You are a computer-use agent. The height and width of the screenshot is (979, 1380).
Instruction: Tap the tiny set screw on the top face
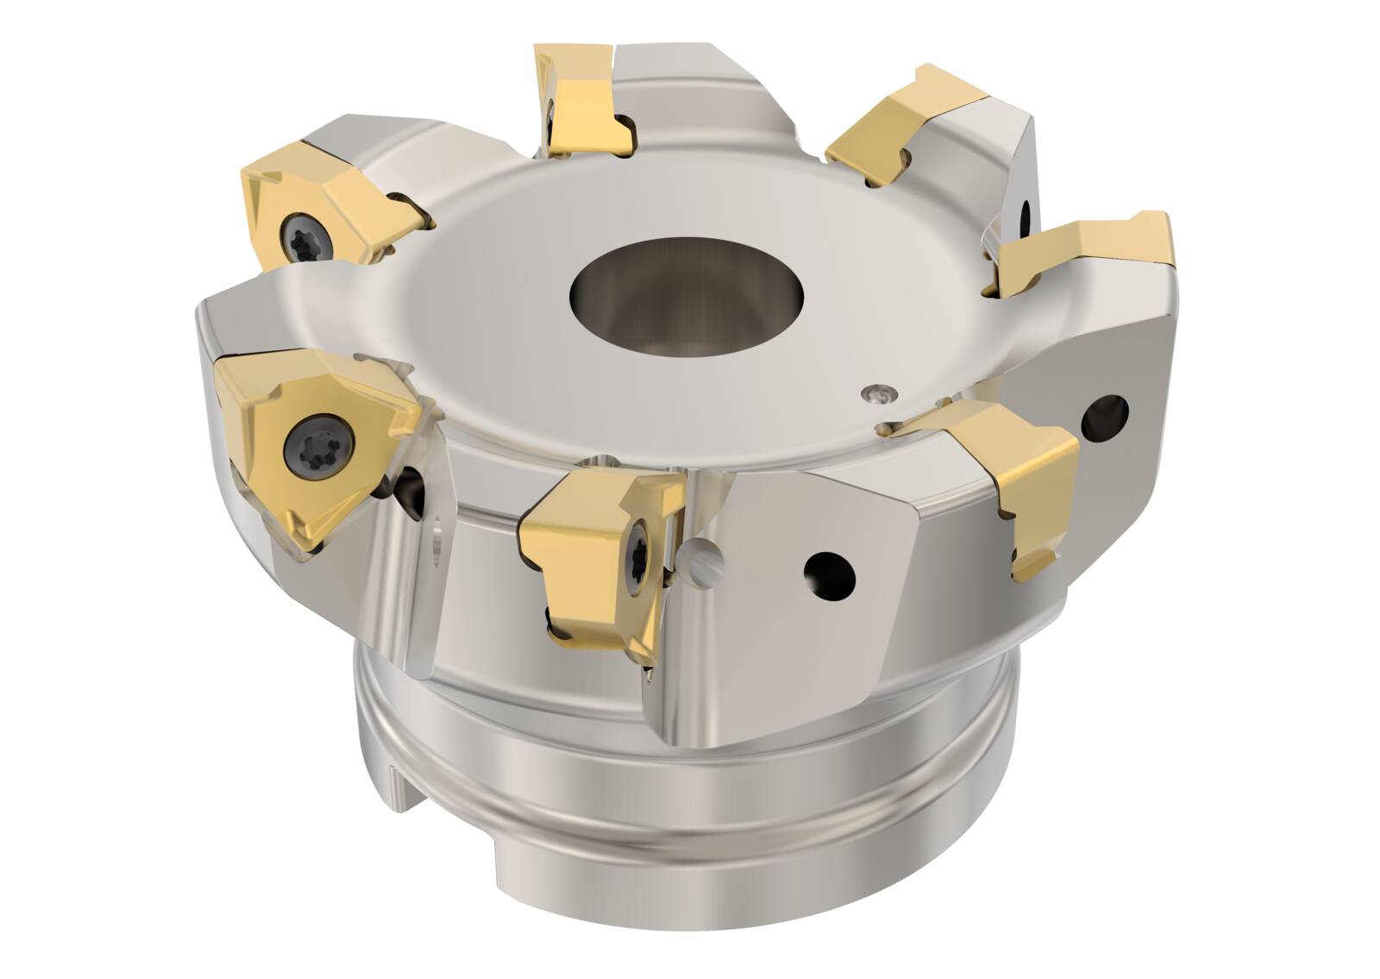[878, 394]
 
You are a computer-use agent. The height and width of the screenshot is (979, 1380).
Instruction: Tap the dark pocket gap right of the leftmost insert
[412, 487]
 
